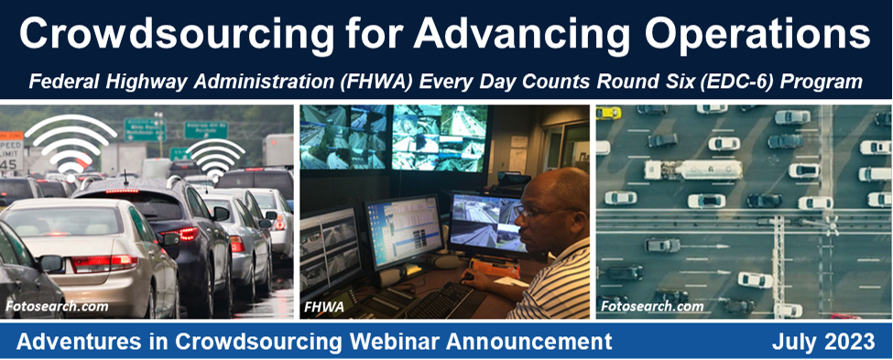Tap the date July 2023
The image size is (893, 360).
(822, 343)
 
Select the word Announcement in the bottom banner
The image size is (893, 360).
(531, 343)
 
